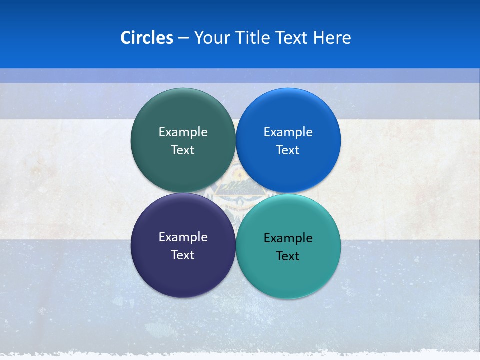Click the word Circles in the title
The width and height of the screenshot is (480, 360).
147,38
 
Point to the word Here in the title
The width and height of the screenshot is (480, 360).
332,38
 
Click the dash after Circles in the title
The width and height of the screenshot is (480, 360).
183,38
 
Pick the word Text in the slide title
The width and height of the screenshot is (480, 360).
292,38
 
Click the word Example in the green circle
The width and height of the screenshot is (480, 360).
183,132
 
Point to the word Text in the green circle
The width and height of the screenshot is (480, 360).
183,150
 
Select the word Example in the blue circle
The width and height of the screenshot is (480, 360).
288,132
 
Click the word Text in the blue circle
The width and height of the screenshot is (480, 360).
288,150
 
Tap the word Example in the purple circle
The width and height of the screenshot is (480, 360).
183,237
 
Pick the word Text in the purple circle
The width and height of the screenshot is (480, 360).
183,255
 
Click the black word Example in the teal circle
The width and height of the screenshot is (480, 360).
288,238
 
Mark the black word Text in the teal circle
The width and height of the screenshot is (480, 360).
288,256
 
